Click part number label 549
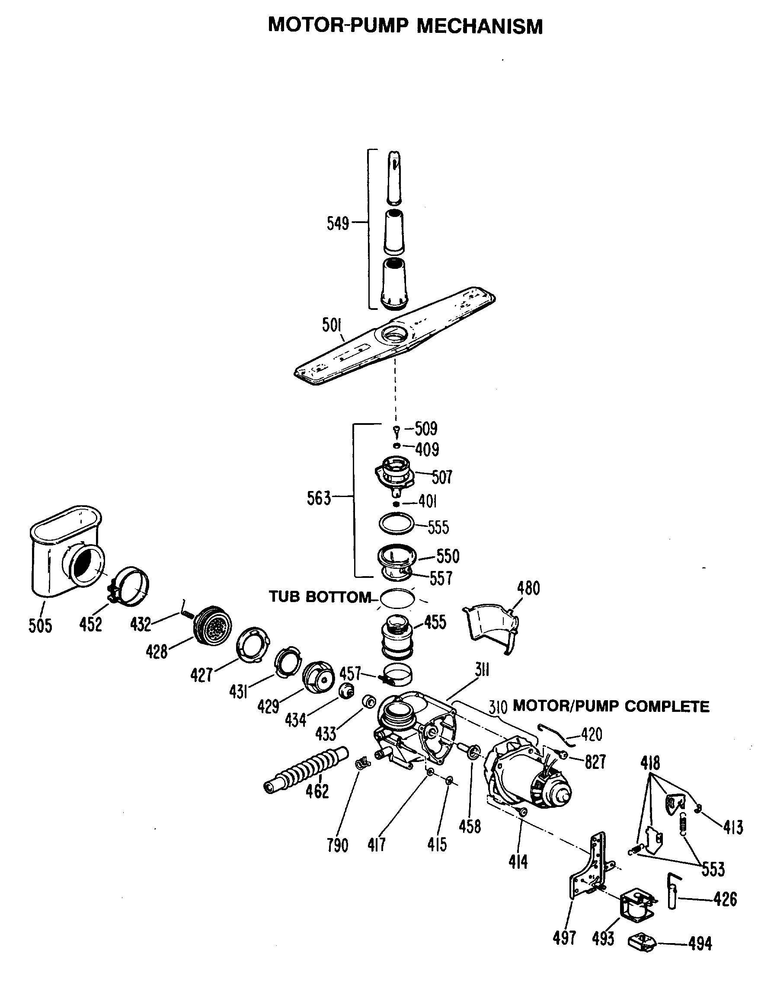pos(338,223)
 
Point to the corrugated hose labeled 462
pos(306,772)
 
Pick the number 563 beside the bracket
pos(318,498)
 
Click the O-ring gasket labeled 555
pos(396,523)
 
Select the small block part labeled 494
pos(642,941)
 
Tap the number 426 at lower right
pos(725,899)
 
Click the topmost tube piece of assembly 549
pos(394,178)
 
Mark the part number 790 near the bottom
pos(337,846)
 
